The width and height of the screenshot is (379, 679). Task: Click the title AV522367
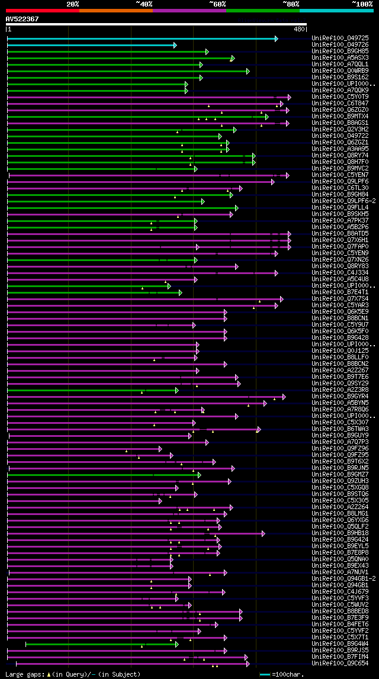23,19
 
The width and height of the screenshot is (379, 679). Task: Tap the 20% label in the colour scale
73,4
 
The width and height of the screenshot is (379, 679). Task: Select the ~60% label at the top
217,4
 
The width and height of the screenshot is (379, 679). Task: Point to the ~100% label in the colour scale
362,4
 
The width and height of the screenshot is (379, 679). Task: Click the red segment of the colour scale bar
42,11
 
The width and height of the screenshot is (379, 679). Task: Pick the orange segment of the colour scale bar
115,11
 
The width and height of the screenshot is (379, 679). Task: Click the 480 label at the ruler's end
299,29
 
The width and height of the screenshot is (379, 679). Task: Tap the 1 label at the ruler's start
9,29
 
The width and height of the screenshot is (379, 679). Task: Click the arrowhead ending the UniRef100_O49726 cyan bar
175,45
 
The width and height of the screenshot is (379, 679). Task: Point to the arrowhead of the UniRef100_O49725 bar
277,38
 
